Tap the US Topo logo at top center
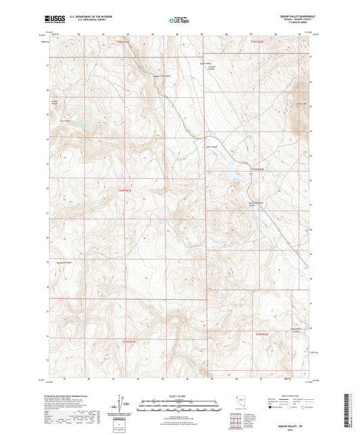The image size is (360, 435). click(x=179, y=20)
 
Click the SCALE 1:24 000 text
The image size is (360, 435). click(x=179, y=395)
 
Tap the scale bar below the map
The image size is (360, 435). click(x=179, y=403)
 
